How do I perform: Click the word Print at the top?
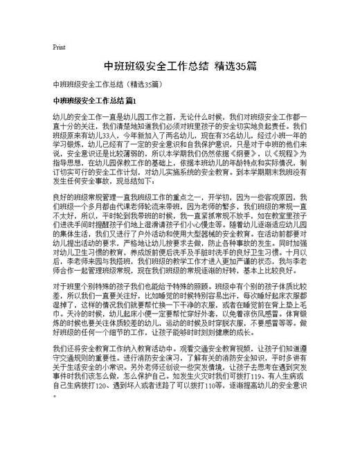coord(59,47)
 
